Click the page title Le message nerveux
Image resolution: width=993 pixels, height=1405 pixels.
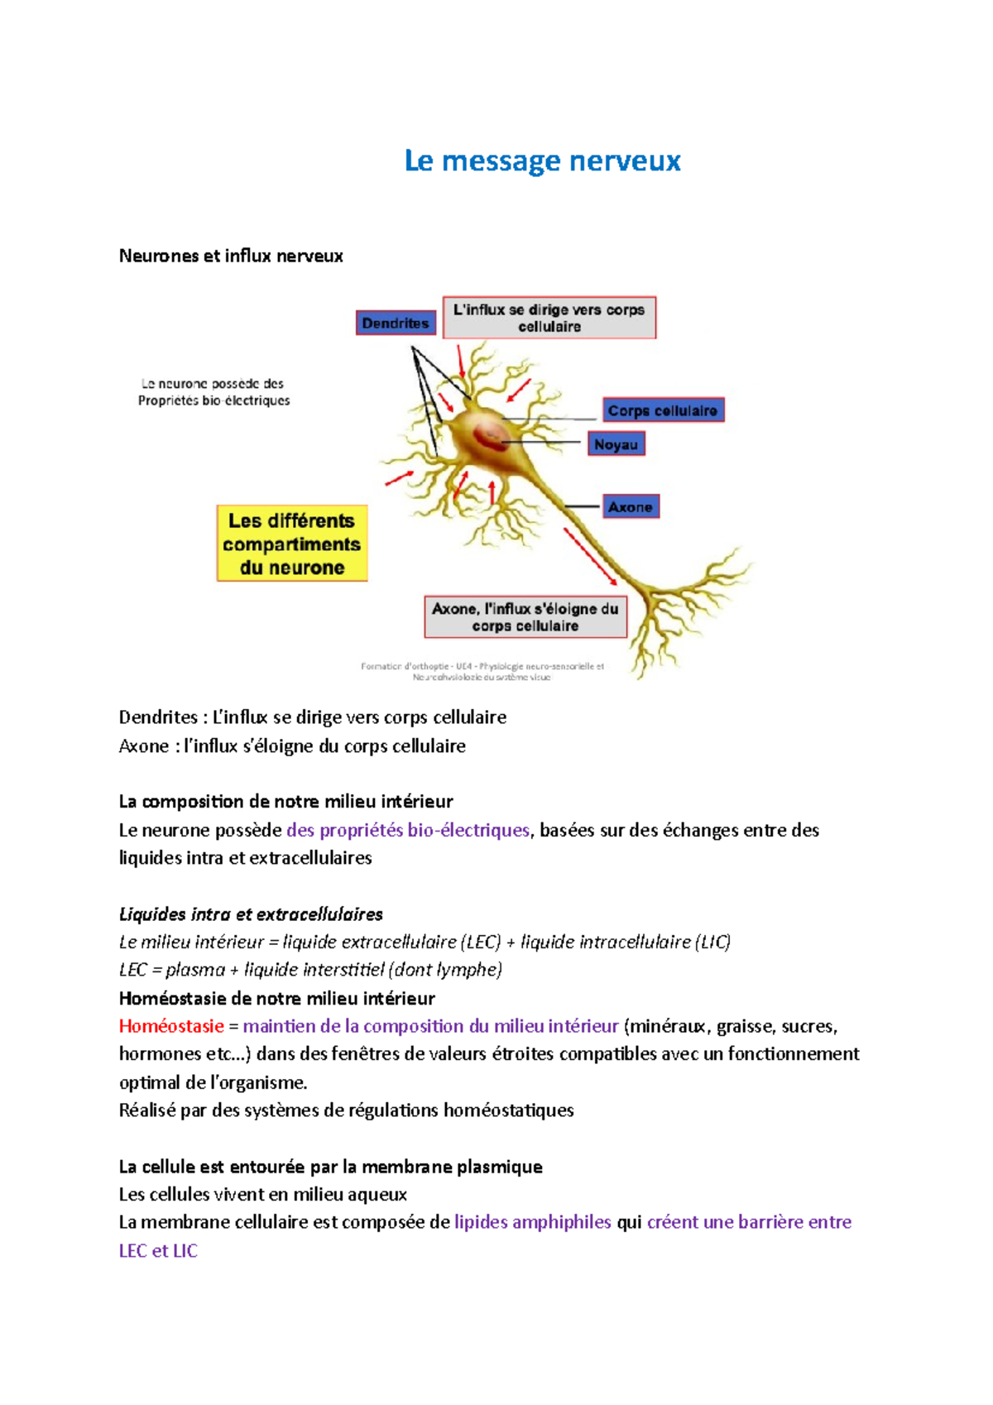(542, 161)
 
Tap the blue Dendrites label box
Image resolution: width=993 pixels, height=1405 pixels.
(396, 324)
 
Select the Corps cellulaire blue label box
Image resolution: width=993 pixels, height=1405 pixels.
(662, 410)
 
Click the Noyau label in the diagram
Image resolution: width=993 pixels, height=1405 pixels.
(616, 444)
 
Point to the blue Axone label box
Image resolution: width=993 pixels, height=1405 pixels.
(630, 506)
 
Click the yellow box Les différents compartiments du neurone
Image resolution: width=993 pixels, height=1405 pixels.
(291, 544)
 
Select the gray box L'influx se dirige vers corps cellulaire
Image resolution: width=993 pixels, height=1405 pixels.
(549, 318)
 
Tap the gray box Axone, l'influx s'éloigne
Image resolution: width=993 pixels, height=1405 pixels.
(525, 617)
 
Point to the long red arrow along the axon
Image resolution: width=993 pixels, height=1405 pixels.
(591, 556)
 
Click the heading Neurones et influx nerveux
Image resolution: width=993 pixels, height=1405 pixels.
(231, 256)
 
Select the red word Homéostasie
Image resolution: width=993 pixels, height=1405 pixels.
(171, 1026)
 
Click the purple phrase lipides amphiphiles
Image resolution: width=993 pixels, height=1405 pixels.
(533, 1222)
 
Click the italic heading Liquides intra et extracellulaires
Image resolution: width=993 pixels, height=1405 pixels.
(251, 914)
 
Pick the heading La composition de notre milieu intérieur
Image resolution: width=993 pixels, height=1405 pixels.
(285, 801)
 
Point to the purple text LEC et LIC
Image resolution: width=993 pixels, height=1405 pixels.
(158, 1250)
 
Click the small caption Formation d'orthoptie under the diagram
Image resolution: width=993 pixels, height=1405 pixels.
(482, 671)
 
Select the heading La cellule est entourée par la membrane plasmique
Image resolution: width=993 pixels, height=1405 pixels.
(330, 1167)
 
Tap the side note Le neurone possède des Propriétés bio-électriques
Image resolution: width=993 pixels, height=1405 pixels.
(213, 392)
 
